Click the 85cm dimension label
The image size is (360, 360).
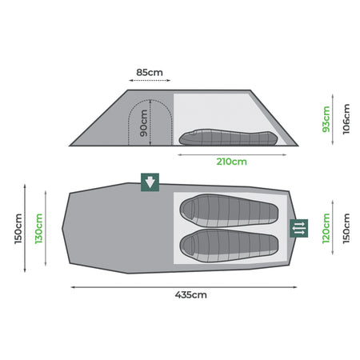point(150,72)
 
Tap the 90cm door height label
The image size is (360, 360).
point(143,123)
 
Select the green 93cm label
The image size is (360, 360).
point(326,119)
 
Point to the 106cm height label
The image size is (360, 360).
point(346,119)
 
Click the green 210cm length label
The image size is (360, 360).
point(231,162)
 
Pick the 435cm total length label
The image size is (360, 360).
point(191,294)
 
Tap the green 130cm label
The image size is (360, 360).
point(39,229)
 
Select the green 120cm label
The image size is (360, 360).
point(326,228)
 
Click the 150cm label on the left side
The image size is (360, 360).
point(18,229)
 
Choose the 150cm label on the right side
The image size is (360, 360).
point(346,228)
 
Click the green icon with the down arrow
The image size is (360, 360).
point(150,182)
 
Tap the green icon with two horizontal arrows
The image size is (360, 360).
point(298,228)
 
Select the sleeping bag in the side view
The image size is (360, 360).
point(228,138)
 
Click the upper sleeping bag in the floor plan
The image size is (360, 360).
point(229,210)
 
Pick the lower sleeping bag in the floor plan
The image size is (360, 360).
point(229,246)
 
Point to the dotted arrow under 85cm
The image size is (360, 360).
point(150,80)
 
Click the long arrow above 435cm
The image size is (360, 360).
point(184,287)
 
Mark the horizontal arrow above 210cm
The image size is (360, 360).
point(232,154)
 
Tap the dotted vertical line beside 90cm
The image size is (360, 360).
point(150,122)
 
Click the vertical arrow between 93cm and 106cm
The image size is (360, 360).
point(333,119)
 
